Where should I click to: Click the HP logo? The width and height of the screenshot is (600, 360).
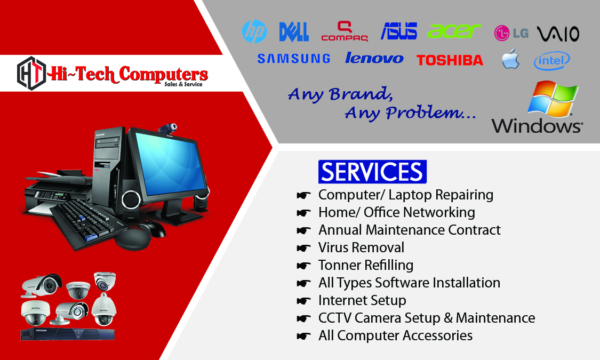[254, 31]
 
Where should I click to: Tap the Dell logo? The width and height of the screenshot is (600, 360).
[294, 32]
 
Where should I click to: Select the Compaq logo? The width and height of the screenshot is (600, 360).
[345, 31]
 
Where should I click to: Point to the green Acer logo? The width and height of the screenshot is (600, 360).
[454, 31]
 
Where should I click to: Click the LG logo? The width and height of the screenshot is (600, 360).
[511, 33]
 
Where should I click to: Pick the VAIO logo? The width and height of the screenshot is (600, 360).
[558, 34]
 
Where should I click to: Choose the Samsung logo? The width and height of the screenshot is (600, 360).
[293, 59]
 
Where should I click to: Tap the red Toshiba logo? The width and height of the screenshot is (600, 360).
[450, 60]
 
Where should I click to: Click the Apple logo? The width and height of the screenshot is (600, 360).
[511, 59]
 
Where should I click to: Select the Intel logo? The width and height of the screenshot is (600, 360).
[552, 61]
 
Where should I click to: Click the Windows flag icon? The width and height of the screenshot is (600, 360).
[553, 99]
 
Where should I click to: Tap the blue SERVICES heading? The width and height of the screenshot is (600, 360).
[372, 172]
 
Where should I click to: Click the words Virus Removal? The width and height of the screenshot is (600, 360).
[361, 247]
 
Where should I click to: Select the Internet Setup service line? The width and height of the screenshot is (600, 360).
[362, 301]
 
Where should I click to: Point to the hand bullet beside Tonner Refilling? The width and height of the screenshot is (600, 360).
[303, 266]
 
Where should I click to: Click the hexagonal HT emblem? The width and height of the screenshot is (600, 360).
[31, 73]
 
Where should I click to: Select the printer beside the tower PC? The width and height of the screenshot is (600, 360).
[58, 191]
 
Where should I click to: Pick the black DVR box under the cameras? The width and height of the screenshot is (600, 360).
[67, 334]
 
